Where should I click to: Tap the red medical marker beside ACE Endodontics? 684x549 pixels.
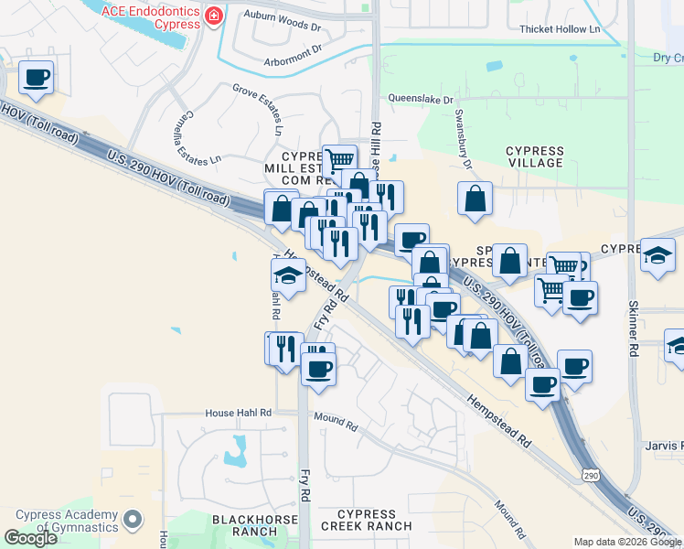(214, 16)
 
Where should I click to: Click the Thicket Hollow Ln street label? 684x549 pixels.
(560, 29)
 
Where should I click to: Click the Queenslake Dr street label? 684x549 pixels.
(419, 94)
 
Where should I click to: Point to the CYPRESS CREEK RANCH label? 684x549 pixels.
(367, 520)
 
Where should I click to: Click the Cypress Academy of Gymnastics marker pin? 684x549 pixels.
(134, 521)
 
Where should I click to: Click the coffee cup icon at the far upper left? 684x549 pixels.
(36, 78)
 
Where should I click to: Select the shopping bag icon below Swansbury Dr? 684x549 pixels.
(475, 199)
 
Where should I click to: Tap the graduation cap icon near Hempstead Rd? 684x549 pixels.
(288, 275)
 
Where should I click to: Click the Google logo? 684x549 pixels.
(30, 538)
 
